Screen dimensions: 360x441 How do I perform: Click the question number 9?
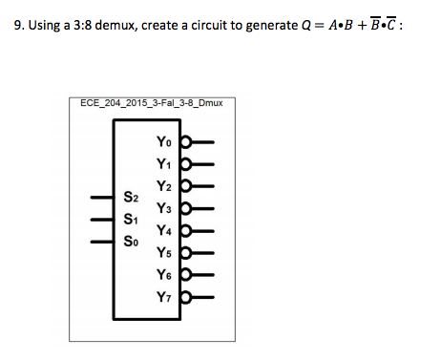coord(20,26)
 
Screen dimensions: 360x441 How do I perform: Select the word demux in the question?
coord(115,26)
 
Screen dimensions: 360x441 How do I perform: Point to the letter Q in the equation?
coord(305,26)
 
